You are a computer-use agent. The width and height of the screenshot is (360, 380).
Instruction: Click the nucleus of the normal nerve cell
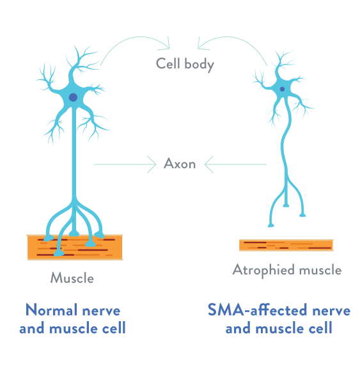73,97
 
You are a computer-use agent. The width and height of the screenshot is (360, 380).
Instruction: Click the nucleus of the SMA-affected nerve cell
282,89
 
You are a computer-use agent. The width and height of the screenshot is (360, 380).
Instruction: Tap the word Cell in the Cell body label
168,63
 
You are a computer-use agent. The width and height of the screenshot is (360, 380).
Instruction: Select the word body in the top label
199,65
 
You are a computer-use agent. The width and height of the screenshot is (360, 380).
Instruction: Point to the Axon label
180,164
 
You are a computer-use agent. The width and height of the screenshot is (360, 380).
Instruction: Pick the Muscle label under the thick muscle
72,278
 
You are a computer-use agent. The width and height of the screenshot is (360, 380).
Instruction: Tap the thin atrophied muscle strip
286,245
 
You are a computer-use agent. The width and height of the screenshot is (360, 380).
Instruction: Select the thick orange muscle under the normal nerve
75,247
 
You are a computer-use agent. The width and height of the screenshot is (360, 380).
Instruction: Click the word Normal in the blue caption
51,310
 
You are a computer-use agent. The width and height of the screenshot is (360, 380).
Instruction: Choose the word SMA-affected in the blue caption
258,310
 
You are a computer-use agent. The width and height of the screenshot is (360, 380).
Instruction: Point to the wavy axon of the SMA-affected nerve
285,143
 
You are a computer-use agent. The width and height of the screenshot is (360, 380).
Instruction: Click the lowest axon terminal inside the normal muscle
59,253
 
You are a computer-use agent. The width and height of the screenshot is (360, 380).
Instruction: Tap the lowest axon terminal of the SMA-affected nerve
271,225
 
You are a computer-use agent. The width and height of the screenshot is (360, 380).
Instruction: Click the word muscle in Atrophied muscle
320,270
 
